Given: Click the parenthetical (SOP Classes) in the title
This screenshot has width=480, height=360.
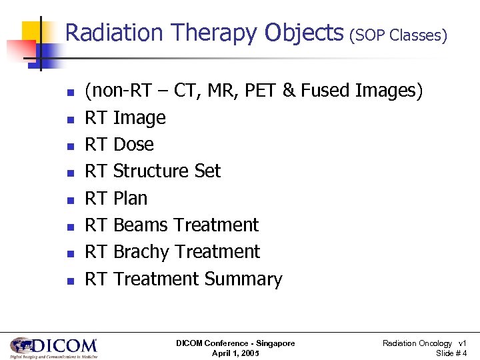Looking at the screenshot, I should tap(398, 35).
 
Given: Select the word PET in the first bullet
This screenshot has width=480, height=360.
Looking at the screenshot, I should tap(261, 91).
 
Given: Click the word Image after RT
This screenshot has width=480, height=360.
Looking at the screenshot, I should tap(139, 118).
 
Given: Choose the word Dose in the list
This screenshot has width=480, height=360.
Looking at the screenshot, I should tap(133, 145).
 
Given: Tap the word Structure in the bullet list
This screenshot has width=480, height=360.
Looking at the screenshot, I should tap(153, 171).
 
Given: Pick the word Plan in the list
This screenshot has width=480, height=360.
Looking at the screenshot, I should tap(131, 199).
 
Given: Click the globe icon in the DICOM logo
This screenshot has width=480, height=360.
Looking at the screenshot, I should tap(22, 345).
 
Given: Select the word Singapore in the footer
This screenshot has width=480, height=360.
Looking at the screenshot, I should tap(273, 343).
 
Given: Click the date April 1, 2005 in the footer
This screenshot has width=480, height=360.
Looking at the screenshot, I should tap(235, 353).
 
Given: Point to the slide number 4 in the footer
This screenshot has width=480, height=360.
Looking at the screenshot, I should tap(464, 353).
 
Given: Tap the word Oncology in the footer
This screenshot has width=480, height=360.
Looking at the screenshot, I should tap(435, 343).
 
